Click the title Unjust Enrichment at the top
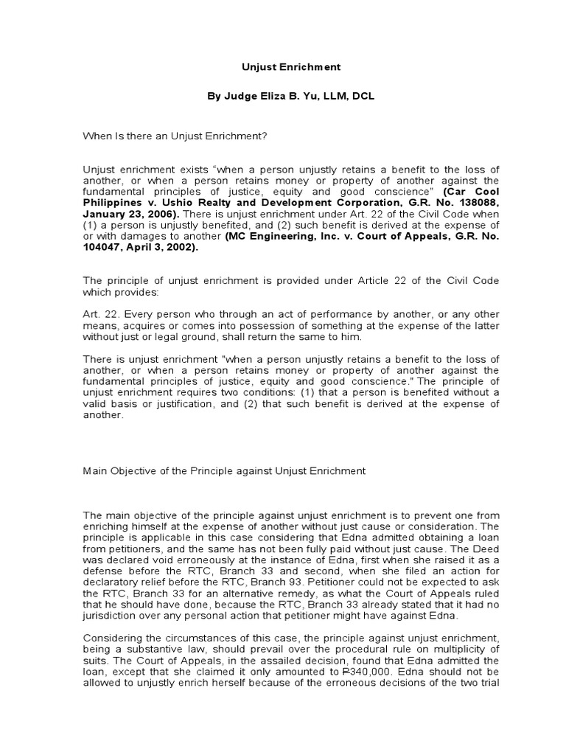(292, 66)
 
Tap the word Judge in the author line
(240, 97)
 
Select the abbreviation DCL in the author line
(363, 97)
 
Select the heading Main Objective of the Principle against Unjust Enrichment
(224, 470)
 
